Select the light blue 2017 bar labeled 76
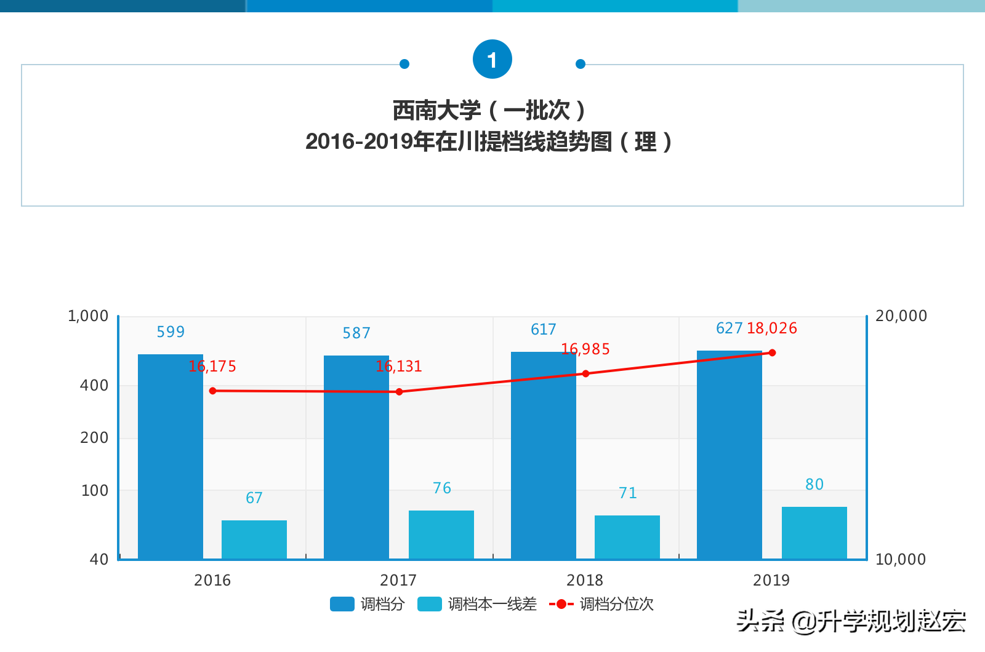pos(441,534)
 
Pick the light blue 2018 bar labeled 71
pos(627,536)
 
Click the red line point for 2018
pos(585,373)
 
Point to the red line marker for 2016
pos(212,391)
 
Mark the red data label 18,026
pos(772,328)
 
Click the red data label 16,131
pos(399,367)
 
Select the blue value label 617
pos(544,330)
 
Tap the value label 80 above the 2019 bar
pos(814,485)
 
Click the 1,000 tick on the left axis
pos(88,316)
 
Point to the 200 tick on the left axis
pos(94,438)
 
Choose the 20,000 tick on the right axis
pos(901,316)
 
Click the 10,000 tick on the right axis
pos(901,560)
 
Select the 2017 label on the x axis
pos(398,580)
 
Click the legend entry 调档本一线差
pos(477,604)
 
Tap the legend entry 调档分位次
pos(601,604)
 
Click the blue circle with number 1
pos(492,60)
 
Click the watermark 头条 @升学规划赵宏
pos(851,621)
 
